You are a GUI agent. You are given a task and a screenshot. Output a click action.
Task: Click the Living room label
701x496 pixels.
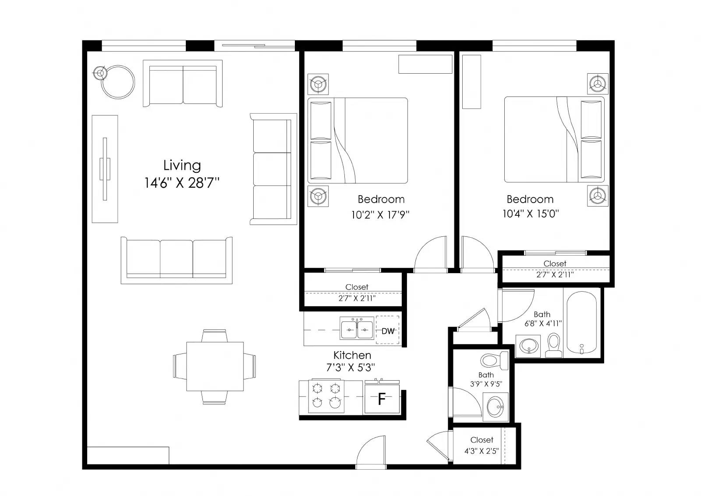pyautogui.click(x=182, y=166)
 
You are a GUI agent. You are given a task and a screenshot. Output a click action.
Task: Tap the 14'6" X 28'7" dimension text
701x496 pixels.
pyautogui.click(x=182, y=183)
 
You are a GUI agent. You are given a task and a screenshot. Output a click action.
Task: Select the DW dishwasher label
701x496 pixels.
pyautogui.click(x=388, y=331)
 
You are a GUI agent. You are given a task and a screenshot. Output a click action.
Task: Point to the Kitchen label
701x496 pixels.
pyautogui.click(x=352, y=355)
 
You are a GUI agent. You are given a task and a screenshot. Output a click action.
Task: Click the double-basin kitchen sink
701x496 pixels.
pyautogui.click(x=357, y=328)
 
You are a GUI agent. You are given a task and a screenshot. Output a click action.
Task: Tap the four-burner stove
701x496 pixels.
pyautogui.click(x=326, y=396)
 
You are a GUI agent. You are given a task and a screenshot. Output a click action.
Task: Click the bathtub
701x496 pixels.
pyautogui.click(x=582, y=323)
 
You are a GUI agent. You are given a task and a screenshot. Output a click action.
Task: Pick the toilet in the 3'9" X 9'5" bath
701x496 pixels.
pyautogui.click(x=495, y=360)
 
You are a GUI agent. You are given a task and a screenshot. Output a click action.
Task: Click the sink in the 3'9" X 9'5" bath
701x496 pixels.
pyautogui.click(x=496, y=407)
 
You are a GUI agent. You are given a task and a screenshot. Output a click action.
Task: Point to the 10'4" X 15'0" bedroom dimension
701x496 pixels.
pyautogui.click(x=531, y=214)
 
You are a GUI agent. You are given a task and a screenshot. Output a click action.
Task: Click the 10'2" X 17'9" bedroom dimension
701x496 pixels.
pyautogui.click(x=380, y=215)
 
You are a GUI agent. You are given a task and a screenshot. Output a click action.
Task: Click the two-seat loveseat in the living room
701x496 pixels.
pyautogui.click(x=183, y=83)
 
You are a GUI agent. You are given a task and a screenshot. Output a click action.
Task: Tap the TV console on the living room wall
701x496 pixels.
pyautogui.click(x=105, y=169)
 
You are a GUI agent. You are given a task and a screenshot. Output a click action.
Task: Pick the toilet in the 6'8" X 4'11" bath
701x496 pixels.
pyautogui.click(x=554, y=345)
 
